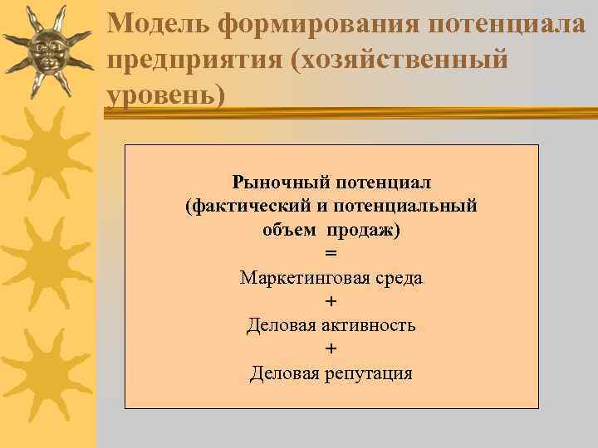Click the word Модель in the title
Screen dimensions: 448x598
[159, 24]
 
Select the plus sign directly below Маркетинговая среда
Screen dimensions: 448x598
[331, 301]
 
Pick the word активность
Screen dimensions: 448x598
[368, 325]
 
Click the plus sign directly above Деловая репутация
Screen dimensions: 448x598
[331, 348]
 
